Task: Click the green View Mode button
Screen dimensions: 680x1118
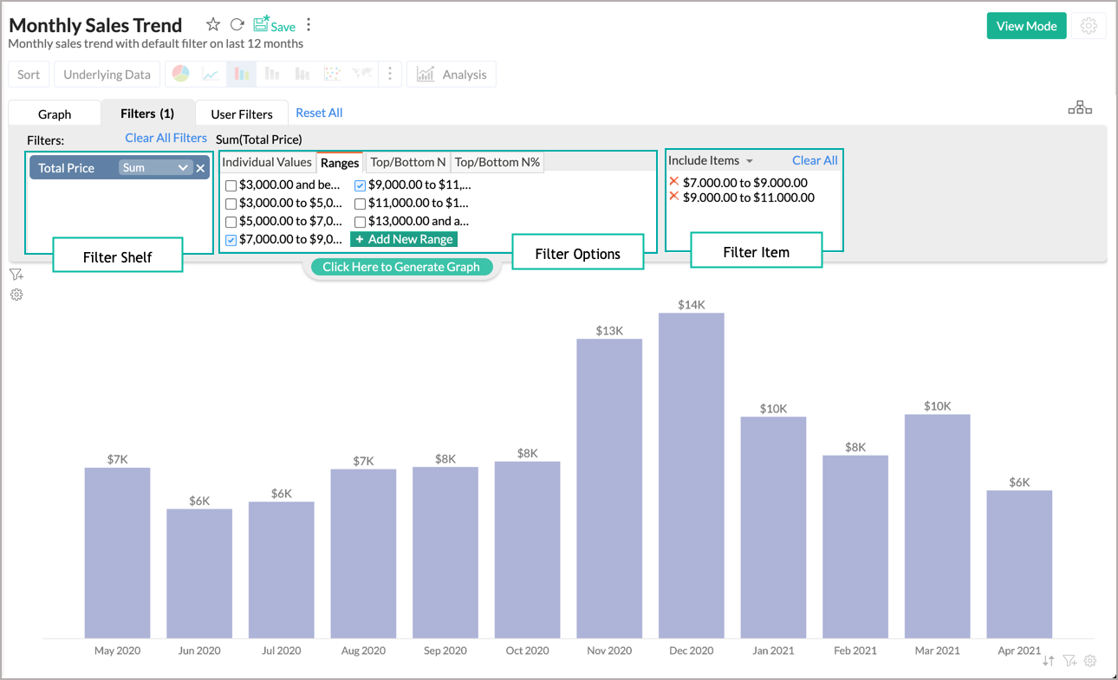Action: tap(1026, 26)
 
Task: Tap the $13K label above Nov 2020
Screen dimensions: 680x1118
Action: tap(609, 331)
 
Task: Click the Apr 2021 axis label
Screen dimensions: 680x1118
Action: tap(1018, 651)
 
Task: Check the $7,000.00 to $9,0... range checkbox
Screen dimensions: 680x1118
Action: tap(231, 240)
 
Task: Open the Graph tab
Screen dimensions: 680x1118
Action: tap(55, 114)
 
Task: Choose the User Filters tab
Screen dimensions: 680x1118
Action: tap(242, 114)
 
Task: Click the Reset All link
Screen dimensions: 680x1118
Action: tap(319, 113)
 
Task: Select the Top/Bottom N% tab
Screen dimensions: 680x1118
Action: tap(497, 162)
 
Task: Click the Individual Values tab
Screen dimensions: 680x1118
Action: tap(267, 162)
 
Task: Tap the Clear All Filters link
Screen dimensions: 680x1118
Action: tap(166, 138)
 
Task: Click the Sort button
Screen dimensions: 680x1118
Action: tap(29, 74)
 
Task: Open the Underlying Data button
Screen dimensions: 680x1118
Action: tap(107, 74)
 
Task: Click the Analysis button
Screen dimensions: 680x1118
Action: tap(452, 74)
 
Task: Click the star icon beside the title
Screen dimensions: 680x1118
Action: tap(213, 25)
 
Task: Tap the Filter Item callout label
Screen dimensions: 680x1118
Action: tap(756, 252)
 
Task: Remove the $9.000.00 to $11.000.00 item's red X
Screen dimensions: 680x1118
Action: tap(674, 197)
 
